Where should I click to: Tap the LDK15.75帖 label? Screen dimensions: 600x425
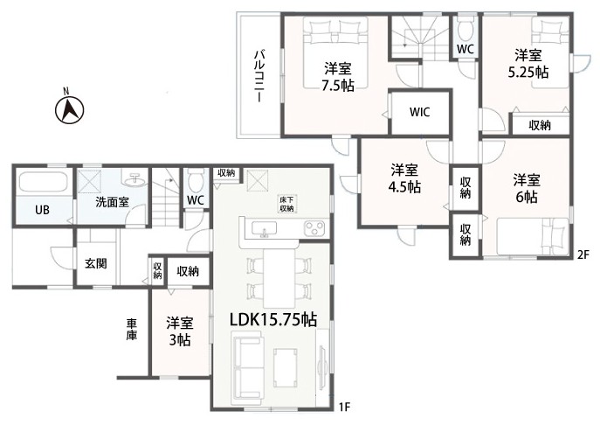tap(272, 319)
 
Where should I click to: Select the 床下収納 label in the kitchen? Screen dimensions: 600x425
tap(286, 205)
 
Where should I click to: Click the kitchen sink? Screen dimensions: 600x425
tap(264, 230)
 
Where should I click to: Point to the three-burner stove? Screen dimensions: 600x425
tap(315, 229)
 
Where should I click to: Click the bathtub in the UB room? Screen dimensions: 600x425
tap(44, 182)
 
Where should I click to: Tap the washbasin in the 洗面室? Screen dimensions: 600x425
tap(134, 179)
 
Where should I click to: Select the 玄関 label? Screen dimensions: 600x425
tap(96, 263)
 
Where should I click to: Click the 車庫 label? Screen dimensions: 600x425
tap(132, 330)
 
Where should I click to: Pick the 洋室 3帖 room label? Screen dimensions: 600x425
tap(180, 331)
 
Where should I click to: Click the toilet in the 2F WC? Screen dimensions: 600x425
tap(466, 30)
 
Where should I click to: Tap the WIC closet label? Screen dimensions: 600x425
tap(420, 112)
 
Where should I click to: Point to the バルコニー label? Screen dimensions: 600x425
tap(259, 76)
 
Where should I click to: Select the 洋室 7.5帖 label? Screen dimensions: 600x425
tap(337, 77)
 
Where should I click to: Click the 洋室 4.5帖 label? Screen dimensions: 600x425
tap(404, 178)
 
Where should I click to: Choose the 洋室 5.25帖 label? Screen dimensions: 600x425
tap(528, 63)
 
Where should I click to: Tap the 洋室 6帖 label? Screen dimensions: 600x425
tap(527, 188)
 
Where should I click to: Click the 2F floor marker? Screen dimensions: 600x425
tap(583, 254)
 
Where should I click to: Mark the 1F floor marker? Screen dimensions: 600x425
tap(344, 407)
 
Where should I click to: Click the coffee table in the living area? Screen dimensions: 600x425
tap(285, 363)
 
